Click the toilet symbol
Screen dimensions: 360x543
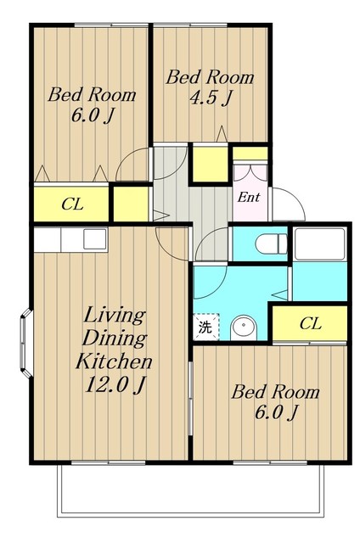[x=271, y=244]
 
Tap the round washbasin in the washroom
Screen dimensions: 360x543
[x=244, y=327]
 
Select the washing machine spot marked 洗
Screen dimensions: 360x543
[x=205, y=327]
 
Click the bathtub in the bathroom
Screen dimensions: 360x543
[x=319, y=244]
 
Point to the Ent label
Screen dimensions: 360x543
[x=249, y=198]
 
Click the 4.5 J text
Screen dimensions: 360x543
[x=210, y=98]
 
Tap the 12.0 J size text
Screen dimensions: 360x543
[x=114, y=383]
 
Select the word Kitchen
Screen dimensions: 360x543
[x=114, y=361]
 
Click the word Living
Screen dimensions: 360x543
[x=114, y=316]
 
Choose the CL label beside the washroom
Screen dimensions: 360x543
[x=311, y=324]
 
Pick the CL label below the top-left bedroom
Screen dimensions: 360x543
[x=72, y=204]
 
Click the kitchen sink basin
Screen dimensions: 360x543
[x=94, y=238]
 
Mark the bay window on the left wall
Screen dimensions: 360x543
[x=26, y=343]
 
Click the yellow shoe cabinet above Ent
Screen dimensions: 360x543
[x=250, y=153]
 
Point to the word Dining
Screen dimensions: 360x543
[x=115, y=339]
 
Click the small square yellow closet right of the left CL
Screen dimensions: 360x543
[x=131, y=204]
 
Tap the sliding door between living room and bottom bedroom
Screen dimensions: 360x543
[x=190, y=398]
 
